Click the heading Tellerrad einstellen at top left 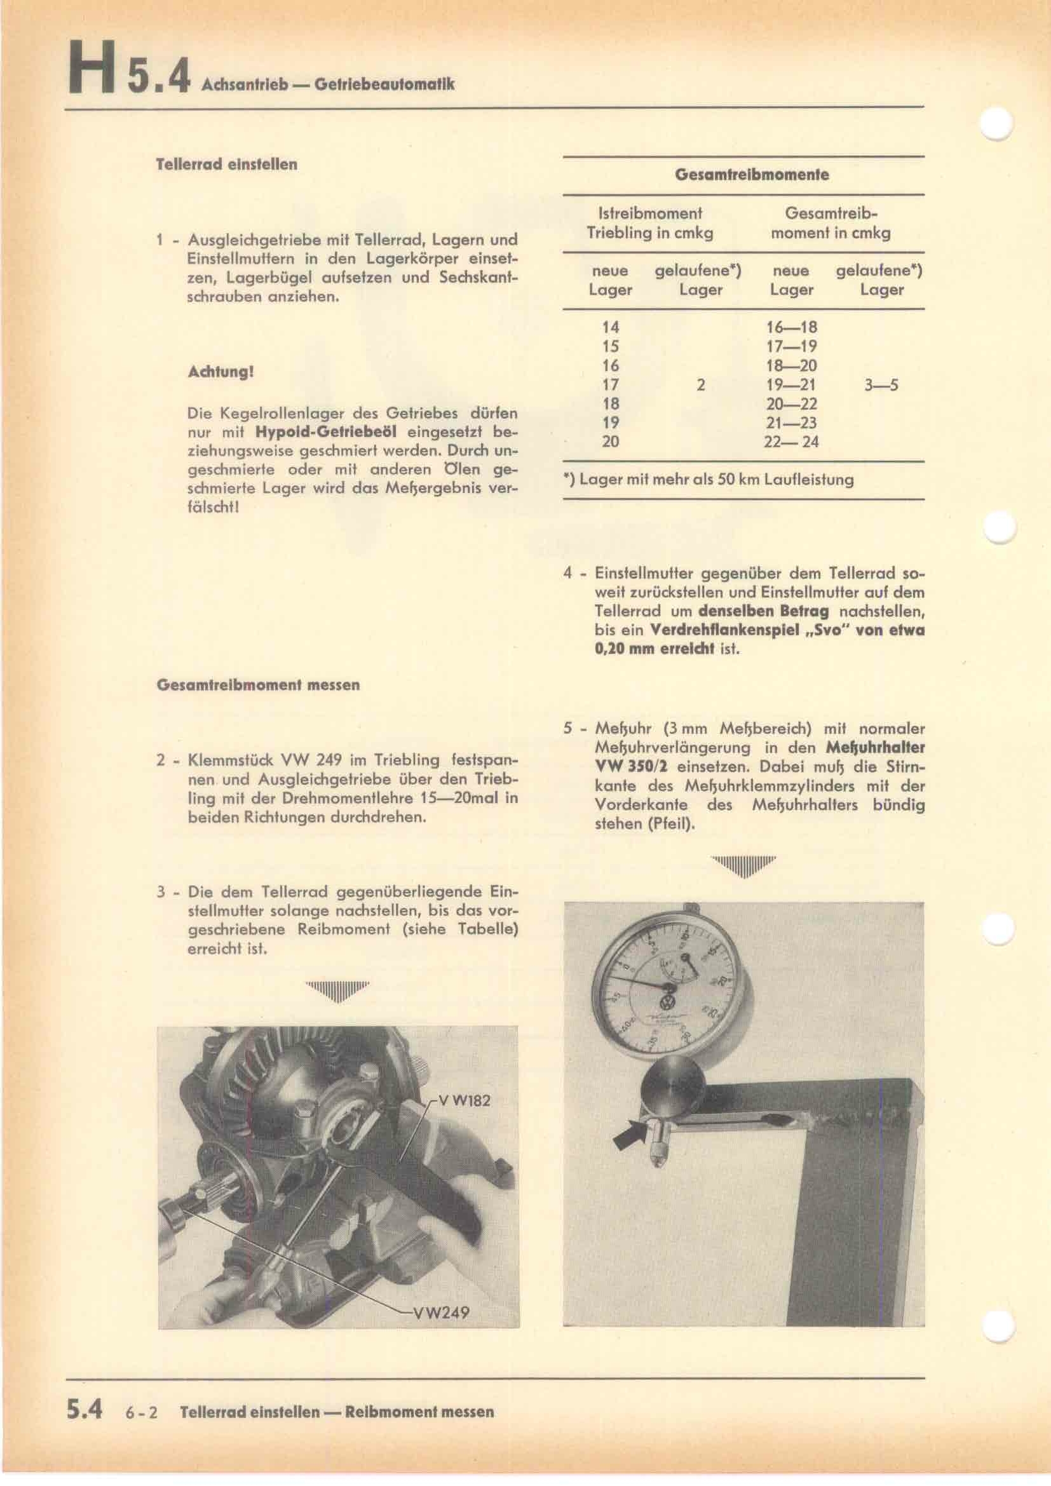point(226,165)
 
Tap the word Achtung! point(219,373)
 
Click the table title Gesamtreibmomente point(751,175)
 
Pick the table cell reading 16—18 point(791,327)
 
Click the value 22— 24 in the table point(791,442)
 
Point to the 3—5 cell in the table point(881,386)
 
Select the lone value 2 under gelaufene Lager point(700,386)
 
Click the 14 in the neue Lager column point(609,327)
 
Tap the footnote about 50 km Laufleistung point(708,480)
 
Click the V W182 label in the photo point(463,1100)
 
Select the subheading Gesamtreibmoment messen point(258,685)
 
